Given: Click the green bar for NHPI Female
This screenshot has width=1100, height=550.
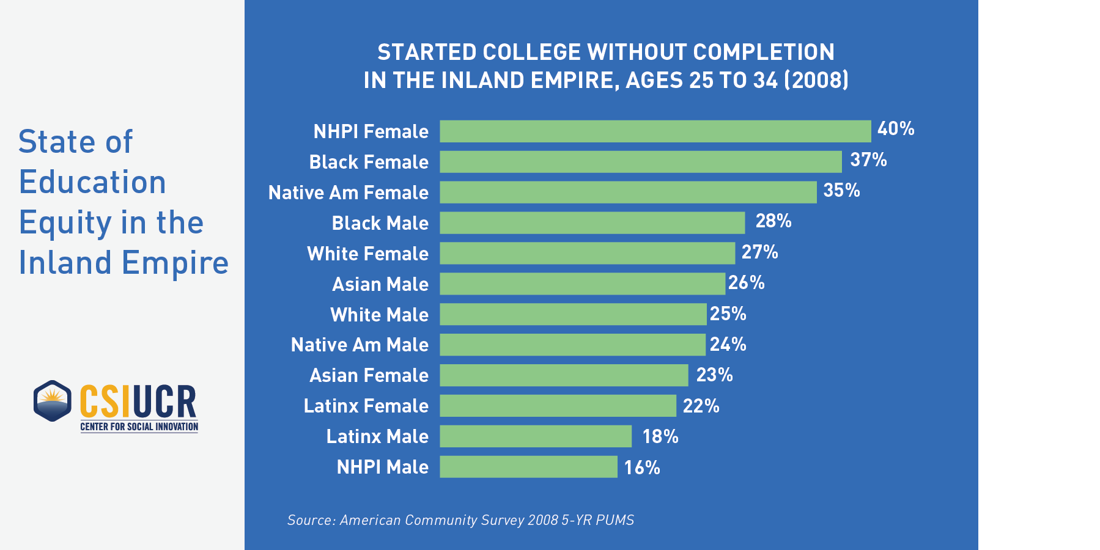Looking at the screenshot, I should pyautogui.click(x=655, y=131).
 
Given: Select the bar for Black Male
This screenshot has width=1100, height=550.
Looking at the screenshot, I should pyautogui.click(x=592, y=223).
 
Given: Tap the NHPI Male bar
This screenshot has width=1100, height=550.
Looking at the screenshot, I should pyautogui.click(x=528, y=467).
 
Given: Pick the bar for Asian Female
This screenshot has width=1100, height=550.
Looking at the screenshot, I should pyautogui.click(x=564, y=375).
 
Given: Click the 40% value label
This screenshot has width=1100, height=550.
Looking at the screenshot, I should pyautogui.click(x=896, y=129).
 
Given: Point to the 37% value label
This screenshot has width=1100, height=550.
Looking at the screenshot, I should pyautogui.click(x=868, y=160).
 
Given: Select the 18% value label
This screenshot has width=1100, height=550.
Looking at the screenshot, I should pyautogui.click(x=660, y=437).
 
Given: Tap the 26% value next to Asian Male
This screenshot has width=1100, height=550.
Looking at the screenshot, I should pyautogui.click(x=747, y=283).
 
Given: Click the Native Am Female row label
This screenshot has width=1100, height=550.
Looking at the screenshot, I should pyautogui.click(x=349, y=193).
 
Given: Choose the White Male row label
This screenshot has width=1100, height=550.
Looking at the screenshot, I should pyautogui.click(x=379, y=315).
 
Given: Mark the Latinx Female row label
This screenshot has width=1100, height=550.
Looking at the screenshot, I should pyautogui.click(x=366, y=406).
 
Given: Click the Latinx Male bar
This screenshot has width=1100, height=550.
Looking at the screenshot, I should pyautogui.click(x=536, y=436).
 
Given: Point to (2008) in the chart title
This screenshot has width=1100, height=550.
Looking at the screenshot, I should pyautogui.click(x=816, y=81).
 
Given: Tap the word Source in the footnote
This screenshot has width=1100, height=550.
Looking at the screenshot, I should pyautogui.click(x=311, y=520).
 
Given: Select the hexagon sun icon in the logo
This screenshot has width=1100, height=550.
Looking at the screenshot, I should pyautogui.click(x=53, y=401).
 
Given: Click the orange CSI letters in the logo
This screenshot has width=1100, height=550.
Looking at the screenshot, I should pyautogui.click(x=105, y=402).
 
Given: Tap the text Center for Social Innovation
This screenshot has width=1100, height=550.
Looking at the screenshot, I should pyautogui.click(x=139, y=427).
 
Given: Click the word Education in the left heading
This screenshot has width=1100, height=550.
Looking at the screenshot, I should pyautogui.click(x=92, y=182).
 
